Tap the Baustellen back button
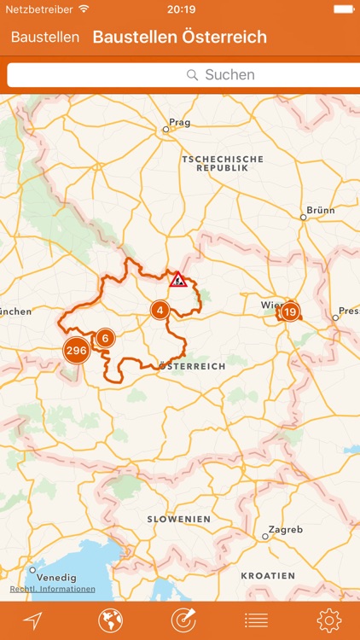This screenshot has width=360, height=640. coord(45,38)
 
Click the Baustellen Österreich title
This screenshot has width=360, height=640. coord(179,38)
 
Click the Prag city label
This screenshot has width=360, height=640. coord(179,123)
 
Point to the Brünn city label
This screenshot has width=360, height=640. coord(320,210)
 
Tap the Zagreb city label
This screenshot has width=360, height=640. coord(285,530)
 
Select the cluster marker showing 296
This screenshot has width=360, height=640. coord(76,351)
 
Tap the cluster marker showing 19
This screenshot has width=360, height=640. coord(290,311)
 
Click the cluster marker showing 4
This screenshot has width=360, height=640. coord(160,310)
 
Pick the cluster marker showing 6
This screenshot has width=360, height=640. coord(105,338)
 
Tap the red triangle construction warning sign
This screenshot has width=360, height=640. coord(178,279)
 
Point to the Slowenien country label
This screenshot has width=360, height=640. coord(178,519)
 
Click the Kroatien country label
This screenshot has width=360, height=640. coord(268,576)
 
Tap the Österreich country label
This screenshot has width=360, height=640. coord(193,366)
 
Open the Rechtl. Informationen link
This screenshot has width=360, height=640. coord(53,589)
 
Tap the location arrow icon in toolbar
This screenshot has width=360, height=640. coord(32,620)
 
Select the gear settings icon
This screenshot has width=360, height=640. coord(328,620)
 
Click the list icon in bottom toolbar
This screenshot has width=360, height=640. coord(256,620)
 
